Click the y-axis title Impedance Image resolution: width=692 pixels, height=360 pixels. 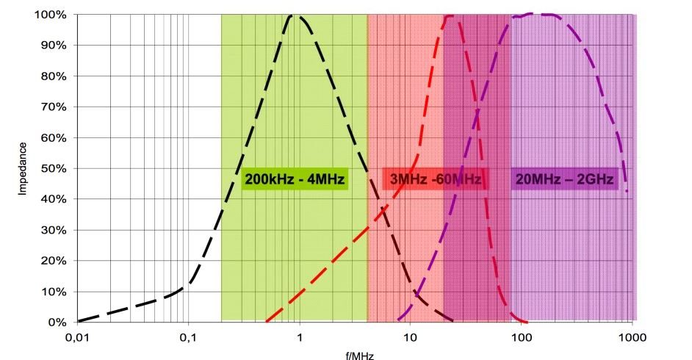(24, 168)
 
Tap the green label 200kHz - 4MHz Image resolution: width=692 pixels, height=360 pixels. (295, 179)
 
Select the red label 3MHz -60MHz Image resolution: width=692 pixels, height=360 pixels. (436, 179)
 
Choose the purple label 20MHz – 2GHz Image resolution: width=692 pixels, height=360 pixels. (565, 179)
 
